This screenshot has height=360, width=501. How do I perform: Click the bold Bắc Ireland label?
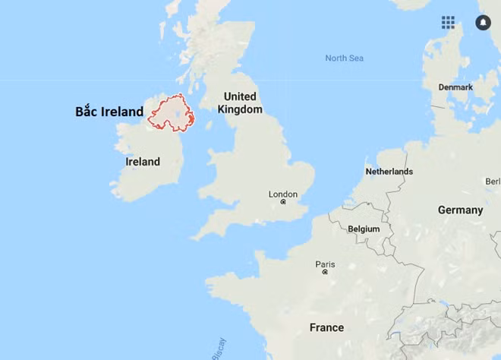(109, 112)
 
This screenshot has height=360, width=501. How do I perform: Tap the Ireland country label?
(143, 162)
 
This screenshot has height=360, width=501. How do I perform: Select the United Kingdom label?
(240, 103)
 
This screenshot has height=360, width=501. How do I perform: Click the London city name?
(283, 194)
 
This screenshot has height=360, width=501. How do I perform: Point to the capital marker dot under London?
(283, 203)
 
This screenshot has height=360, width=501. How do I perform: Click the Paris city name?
(325, 264)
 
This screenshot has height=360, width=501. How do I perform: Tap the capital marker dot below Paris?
(325, 272)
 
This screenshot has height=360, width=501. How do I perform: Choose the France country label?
(326, 327)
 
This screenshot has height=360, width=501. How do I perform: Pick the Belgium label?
(364, 229)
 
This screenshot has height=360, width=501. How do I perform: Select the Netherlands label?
(389, 172)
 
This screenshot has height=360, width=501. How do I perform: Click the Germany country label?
(460, 210)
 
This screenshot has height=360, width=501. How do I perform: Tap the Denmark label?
(455, 87)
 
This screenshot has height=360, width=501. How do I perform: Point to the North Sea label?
(345, 58)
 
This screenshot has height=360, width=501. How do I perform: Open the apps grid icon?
(448, 22)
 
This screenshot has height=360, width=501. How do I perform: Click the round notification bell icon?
(483, 22)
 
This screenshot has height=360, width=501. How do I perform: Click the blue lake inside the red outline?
(175, 112)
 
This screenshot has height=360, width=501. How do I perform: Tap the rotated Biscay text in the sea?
(218, 348)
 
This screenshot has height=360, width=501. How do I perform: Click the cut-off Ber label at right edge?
(493, 182)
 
